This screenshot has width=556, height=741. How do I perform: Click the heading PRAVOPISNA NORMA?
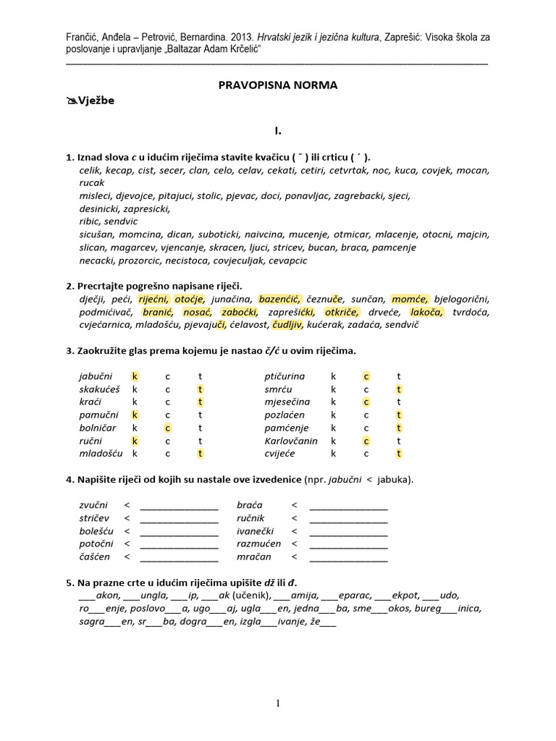point(278,85)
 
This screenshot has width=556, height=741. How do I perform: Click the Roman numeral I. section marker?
point(277,131)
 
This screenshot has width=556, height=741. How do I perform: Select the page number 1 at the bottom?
point(278,704)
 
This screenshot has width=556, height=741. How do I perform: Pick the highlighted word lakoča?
point(427,312)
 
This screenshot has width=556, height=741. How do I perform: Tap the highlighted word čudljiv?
point(287,324)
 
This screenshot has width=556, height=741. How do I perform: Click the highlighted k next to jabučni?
point(134,376)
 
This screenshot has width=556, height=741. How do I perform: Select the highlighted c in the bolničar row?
point(167,428)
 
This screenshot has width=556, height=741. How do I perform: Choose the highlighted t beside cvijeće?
point(399,454)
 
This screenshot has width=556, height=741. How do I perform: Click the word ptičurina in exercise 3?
point(285,376)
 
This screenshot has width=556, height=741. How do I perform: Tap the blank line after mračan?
point(348,558)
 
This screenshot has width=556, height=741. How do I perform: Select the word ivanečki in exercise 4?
point(256,532)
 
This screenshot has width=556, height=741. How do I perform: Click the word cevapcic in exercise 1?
point(287,261)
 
